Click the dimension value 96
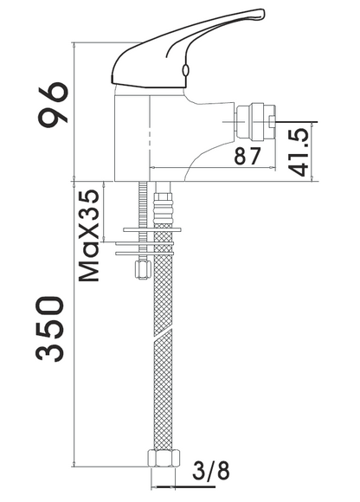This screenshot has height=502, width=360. pyautogui.click(x=53, y=105)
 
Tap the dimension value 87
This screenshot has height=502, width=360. pyautogui.click(x=247, y=157)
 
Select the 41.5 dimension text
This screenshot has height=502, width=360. pyautogui.click(x=299, y=151)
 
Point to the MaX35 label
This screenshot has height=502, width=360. pyautogui.click(x=89, y=235)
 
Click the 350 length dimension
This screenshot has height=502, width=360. pyautogui.click(x=50, y=329)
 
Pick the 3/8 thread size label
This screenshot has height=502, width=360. pyautogui.click(x=211, y=470)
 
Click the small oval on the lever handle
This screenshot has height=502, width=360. pyautogui.click(x=185, y=70)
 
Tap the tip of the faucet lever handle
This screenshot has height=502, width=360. pyautogui.click(x=264, y=12)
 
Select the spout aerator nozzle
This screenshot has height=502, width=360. pyautogui.click(x=256, y=121)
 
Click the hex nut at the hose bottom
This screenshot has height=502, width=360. pyautogui.click(x=164, y=458)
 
